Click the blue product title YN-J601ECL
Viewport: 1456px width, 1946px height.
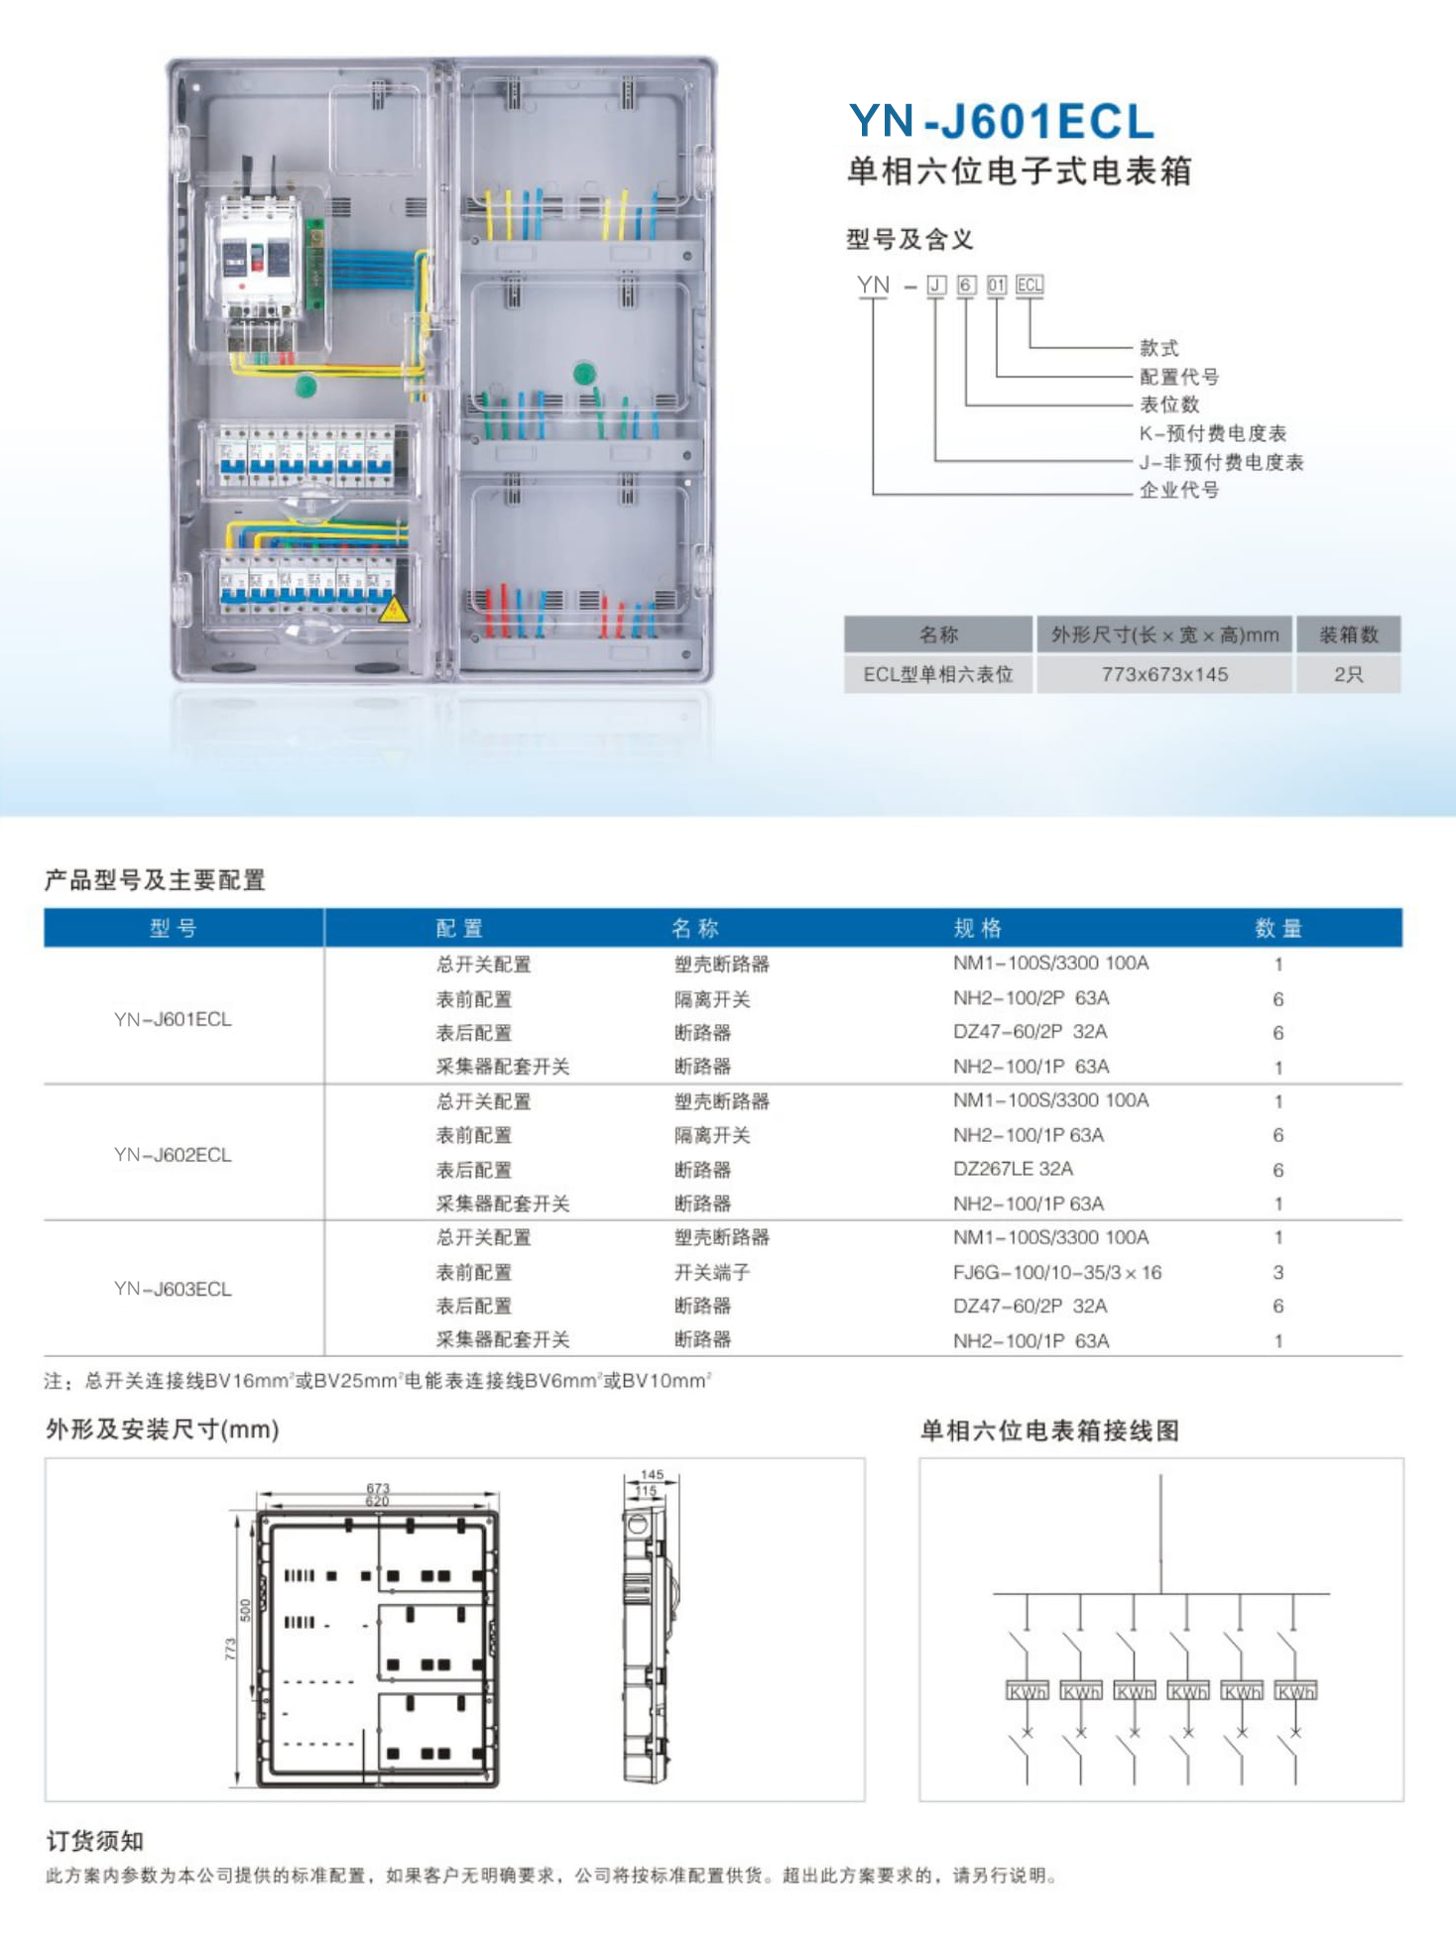tap(1002, 121)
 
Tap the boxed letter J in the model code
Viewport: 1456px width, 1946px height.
tap(935, 286)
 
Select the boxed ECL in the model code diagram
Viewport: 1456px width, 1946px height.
tap(1030, 286)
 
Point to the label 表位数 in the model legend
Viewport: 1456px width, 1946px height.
tap(1169, 404)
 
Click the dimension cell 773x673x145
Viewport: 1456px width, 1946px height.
tap(1164, 674)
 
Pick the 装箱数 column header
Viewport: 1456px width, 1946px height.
tap(1348, 634)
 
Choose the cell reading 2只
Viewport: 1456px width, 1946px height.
tap(1348, 674)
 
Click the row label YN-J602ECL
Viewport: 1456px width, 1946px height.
tap(173, 1155)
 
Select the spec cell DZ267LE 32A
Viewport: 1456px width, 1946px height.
tap(1013, 1169)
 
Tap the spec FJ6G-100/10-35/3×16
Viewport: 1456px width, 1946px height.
tap(1056, 1272)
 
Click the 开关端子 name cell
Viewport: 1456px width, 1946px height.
tap(712, 1272)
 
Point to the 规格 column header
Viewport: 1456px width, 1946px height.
tap(977, 928)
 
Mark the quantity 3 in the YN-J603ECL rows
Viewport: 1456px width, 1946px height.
tap(1278, 1272)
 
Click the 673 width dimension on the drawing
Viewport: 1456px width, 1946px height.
tap(378, 1488)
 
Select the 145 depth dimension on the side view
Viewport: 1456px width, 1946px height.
tap(652, 1475)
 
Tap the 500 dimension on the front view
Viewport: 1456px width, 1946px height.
tap(245, 1610)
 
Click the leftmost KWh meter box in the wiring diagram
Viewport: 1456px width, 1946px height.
tap(1027, 1691)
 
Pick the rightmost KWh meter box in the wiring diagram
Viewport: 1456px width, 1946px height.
tap(1295, 1691)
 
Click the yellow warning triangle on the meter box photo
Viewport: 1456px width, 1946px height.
tap(394, 610)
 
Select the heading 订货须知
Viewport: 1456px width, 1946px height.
tap(95, 1841)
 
